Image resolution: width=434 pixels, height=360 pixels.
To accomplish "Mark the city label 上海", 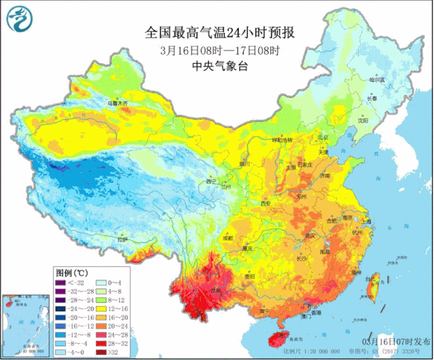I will point(366,221).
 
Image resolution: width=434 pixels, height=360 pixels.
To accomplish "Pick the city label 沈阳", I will point(364,123).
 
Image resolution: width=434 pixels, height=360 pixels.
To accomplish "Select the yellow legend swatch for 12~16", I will point(100,306).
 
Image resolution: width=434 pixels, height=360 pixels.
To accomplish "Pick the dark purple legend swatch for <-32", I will point(62,281).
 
